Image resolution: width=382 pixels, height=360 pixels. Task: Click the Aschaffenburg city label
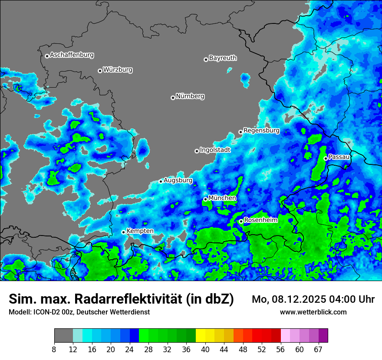point(72,55)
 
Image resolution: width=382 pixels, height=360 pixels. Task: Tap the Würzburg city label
point(118,70)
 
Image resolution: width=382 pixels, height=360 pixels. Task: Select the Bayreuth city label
point(223,58)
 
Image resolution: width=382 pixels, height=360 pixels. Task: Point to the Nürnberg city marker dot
point(173,98)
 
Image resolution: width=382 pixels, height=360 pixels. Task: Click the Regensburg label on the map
point(261,131)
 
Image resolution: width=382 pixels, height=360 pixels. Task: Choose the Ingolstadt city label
point(215,150)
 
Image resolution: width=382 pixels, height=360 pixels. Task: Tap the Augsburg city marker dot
point(161,181)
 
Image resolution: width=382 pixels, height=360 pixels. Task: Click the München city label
point(222,198)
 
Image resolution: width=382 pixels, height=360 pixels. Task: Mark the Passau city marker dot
point(326,158)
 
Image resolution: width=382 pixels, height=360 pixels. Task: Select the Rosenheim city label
point(260,220)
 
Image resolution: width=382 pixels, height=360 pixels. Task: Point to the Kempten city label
point(140,231)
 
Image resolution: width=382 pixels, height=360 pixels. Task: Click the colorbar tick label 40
point(205,350)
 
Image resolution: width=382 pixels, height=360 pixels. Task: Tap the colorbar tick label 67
point(318,350)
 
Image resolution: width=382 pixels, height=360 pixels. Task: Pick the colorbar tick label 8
point(54,350)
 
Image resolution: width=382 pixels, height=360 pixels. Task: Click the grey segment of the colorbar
point(63,336)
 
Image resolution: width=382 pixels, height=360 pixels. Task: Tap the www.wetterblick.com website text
point(313,312)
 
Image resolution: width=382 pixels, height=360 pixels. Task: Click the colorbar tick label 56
point(281,350)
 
